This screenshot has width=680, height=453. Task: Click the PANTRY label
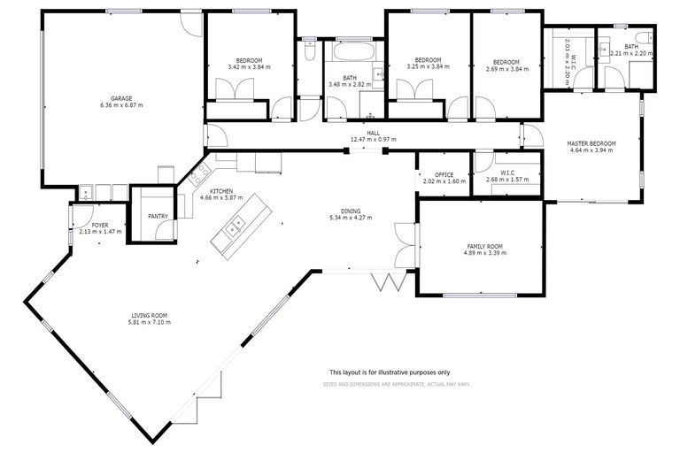point(158,215)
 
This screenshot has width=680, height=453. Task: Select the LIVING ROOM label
point(150,316)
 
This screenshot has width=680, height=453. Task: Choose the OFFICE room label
point(443,174)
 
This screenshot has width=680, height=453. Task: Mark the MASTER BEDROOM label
point(591,143)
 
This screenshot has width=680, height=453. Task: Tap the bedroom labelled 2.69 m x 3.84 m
point(506,67)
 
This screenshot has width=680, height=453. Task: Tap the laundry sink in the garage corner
point(86,190)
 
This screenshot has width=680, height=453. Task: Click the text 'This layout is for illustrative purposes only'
point(390,372)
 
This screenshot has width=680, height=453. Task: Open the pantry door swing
point(161,231)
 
